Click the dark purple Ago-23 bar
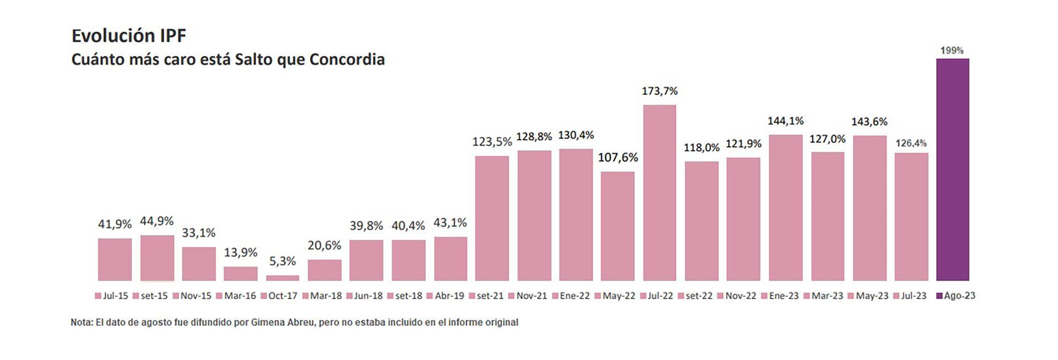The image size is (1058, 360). [952, 169]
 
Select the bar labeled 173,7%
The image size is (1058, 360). [660, 192]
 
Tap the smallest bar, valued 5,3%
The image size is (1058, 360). [283, 278]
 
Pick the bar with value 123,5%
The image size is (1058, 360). [492, 218]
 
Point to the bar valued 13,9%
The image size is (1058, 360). [240, 273]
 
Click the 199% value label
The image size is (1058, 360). [952, 51]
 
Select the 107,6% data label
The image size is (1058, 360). [618, 158]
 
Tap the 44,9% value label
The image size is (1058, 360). [156, 221]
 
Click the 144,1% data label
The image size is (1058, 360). [785, 121]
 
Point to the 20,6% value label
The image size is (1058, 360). [324, 245]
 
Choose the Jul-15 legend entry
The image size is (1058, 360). [112, 296]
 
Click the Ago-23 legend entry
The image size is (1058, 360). [956, 296]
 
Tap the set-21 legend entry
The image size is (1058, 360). [487, 296]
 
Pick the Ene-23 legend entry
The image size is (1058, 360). [780, 296]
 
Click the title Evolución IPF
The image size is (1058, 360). [129, 36]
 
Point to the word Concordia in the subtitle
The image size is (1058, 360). [347, 60]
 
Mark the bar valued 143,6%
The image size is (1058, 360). [870, 208]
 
